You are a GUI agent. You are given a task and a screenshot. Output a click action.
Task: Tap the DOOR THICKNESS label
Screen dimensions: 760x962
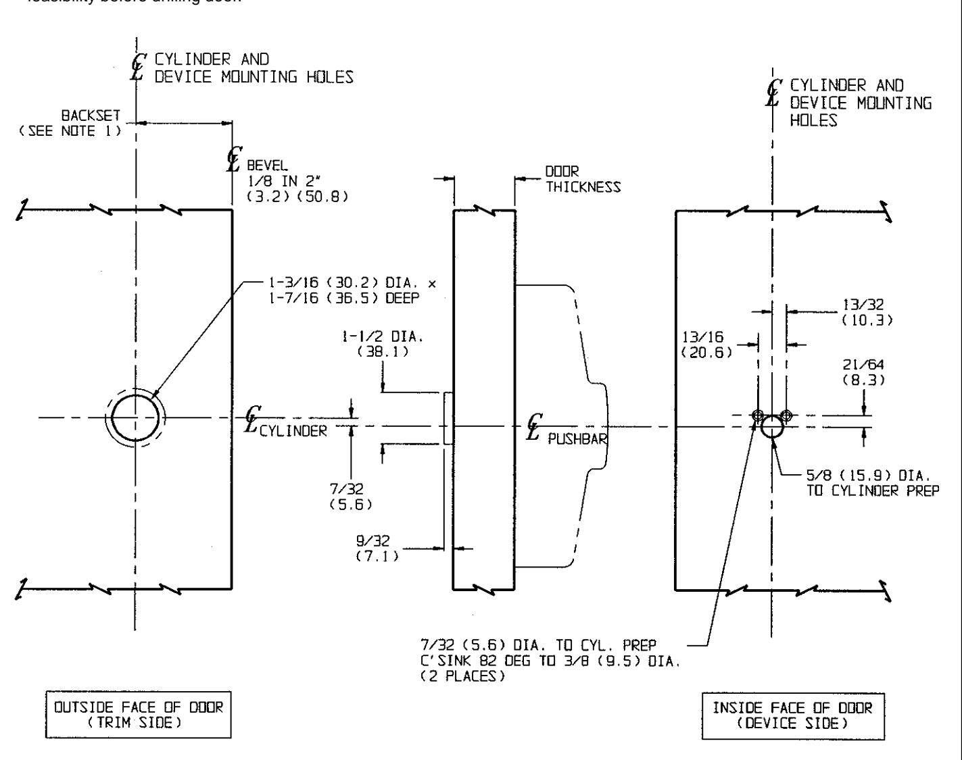[x=583, y=179]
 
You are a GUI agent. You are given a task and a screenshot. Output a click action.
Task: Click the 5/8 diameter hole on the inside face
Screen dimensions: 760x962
[x=772, y=427]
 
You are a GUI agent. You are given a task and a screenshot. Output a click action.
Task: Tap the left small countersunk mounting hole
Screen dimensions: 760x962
[x=758, y=415]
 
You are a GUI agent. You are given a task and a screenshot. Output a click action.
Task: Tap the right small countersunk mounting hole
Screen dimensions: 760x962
[x=786, y=415]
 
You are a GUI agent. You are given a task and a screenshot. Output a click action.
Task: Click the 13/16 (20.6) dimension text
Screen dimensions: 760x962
[x=706, y=345]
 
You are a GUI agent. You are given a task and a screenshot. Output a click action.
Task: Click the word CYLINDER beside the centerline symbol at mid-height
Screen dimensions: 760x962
[x=293, y=432]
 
